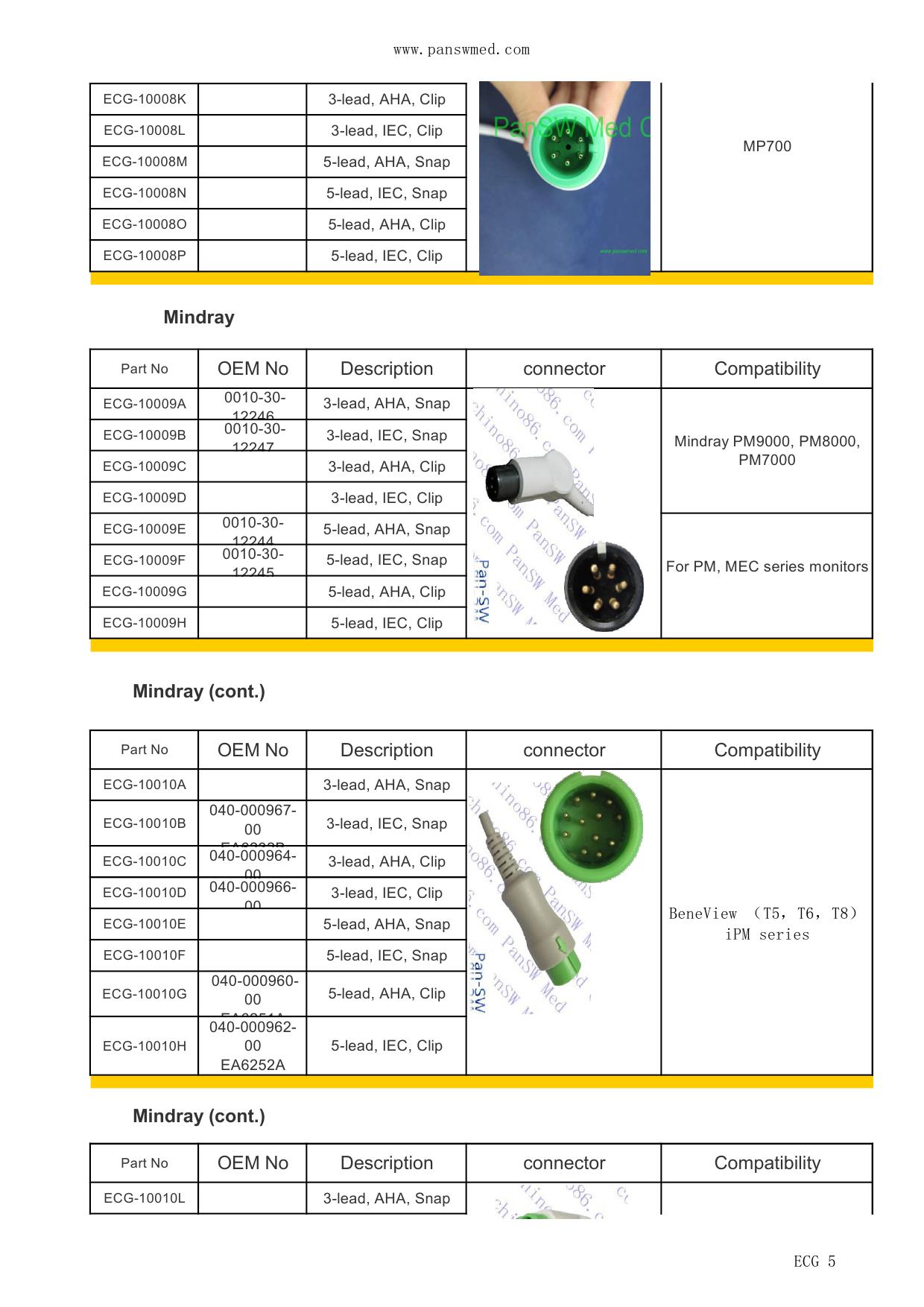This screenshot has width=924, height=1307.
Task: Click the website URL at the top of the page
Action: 461,50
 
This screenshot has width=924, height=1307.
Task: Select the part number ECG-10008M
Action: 145,162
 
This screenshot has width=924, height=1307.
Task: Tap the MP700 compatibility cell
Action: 767,146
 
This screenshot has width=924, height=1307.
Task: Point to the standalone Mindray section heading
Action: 198,317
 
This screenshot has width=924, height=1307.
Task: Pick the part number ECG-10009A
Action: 145,404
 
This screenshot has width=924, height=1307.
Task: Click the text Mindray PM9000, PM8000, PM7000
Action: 767,450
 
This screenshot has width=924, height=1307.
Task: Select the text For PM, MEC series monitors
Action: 767,566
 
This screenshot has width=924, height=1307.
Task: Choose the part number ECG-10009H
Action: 145,623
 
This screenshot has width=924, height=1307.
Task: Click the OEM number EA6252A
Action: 253,1065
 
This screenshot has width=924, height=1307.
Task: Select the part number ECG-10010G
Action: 145,994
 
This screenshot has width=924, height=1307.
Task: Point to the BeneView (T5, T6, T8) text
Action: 763,914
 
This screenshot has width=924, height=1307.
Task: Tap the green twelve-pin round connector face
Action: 590,824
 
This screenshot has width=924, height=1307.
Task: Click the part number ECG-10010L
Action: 145,1198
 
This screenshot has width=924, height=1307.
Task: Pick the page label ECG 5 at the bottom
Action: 814,1262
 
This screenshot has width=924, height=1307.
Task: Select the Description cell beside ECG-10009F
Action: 387,560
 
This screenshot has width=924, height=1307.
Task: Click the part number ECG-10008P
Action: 145,256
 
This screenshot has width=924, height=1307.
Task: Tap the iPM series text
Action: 767,934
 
